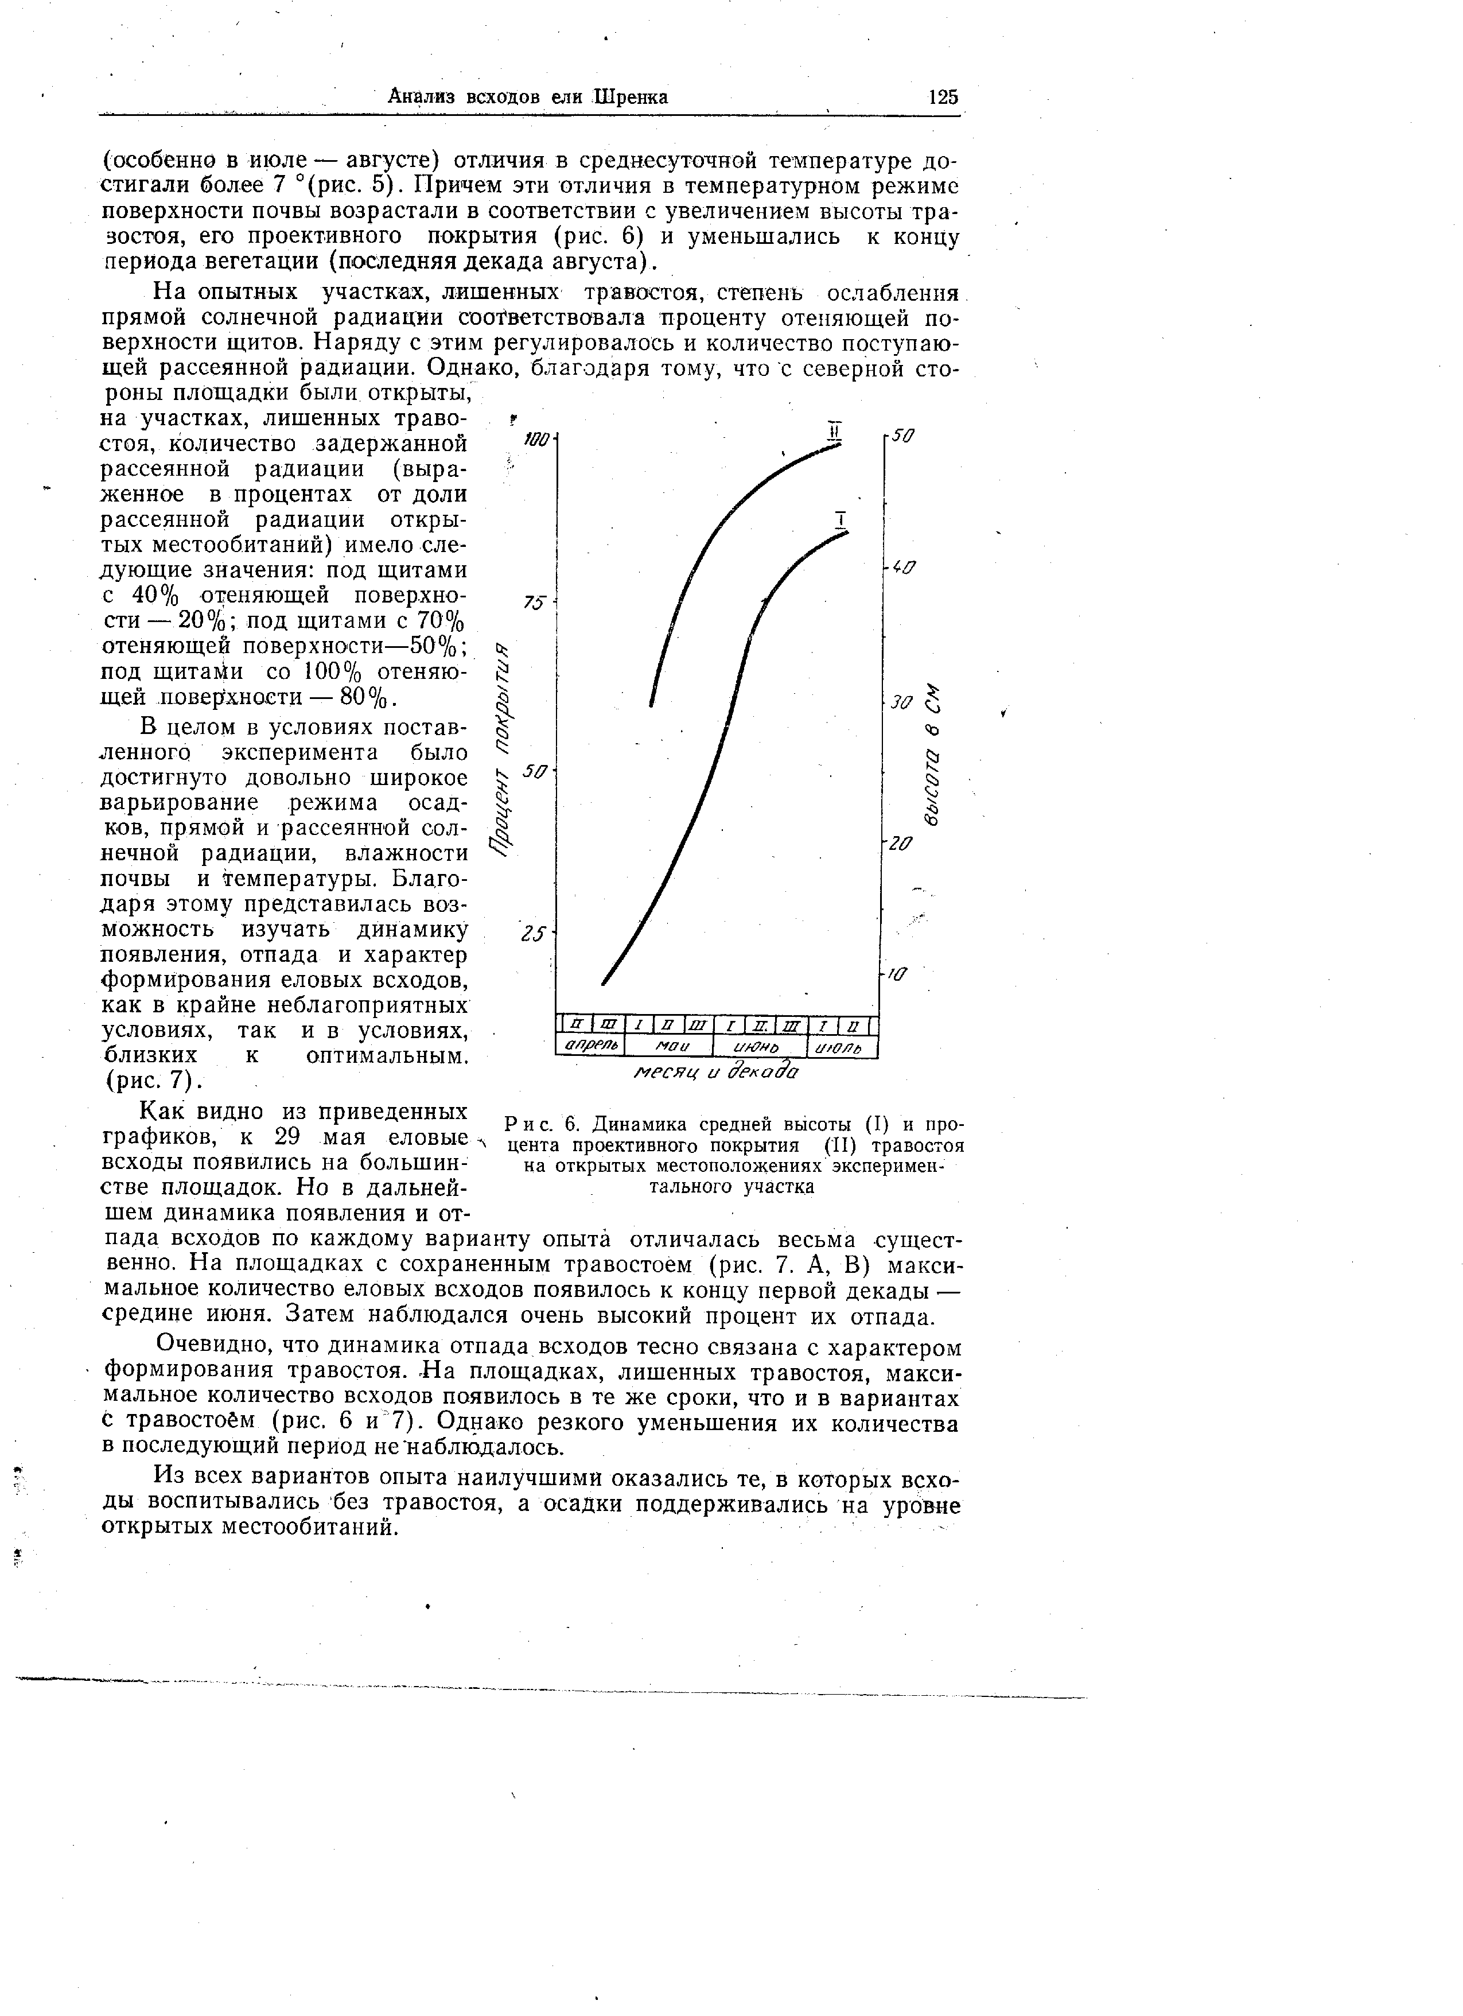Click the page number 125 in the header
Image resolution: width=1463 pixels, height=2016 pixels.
click(x=941, y=97)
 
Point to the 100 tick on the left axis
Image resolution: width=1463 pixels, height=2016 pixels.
click(x=539, y=438)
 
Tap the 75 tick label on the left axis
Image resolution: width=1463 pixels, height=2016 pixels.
click(x=534, y=603)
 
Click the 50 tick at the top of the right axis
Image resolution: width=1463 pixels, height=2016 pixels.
click(x=902, y=437)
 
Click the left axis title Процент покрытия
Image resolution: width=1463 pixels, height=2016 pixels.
click(x=504, y=748)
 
